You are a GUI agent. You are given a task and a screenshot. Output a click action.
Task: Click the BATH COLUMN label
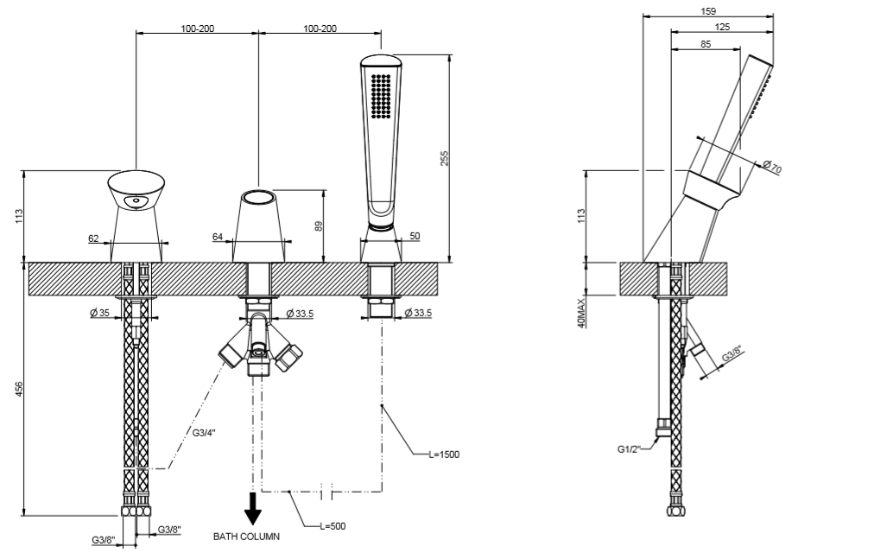coord(247,537)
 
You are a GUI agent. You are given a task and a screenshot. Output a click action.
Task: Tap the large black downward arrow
coord(252,508)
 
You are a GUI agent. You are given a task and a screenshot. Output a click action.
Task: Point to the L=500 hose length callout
coord(332,525)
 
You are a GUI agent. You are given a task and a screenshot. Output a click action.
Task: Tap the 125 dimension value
coord(722,28)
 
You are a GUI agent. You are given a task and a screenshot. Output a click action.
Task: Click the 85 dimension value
coord(706,45)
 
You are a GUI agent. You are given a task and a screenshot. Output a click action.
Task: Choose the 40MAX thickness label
coord(582,312)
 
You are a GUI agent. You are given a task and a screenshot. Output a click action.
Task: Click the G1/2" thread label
coord(628,449)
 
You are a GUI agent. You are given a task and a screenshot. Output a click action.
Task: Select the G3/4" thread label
coord(204,432)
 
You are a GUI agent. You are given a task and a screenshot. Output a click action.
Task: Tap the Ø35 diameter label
coord(99,313)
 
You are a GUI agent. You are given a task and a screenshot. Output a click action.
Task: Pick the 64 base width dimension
coord(217,235)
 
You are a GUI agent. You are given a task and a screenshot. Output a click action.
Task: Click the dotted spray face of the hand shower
coord(380,94)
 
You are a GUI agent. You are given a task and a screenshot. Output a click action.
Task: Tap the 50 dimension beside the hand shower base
coord(414,236)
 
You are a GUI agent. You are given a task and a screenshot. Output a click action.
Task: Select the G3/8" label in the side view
coord(730,353)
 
